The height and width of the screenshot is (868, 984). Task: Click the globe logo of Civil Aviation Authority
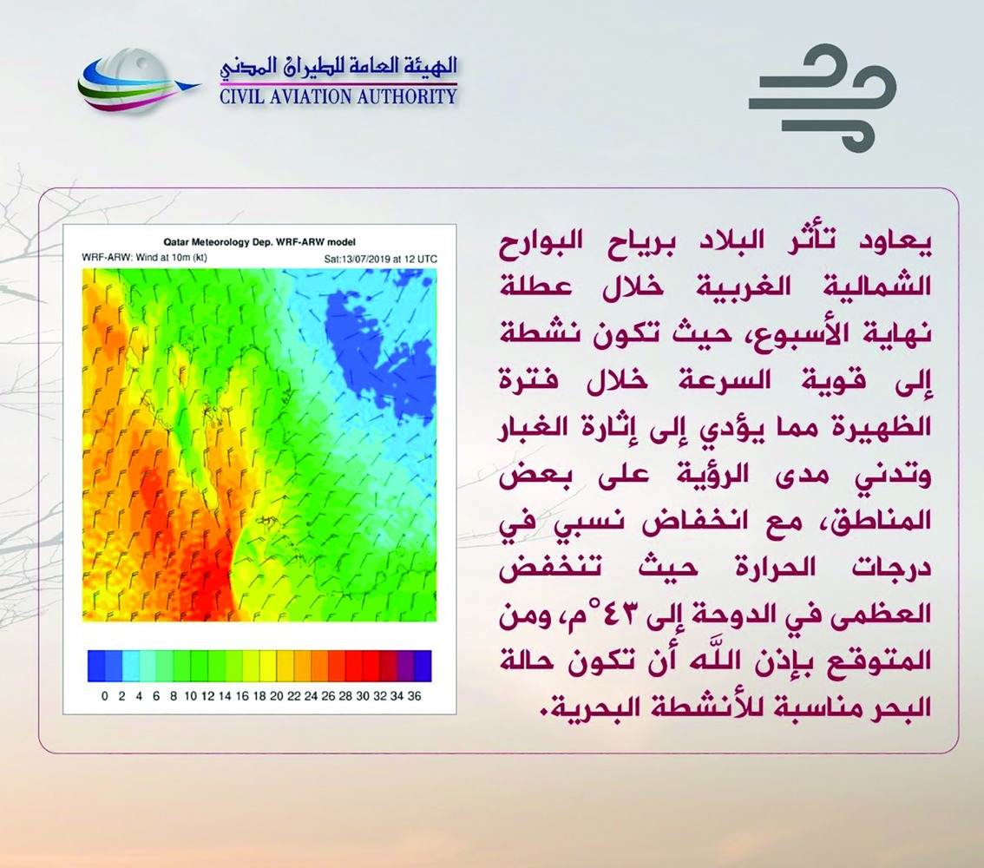tap(134, 82)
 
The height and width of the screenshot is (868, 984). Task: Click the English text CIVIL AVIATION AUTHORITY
tap(338, 96)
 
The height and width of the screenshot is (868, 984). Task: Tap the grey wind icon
tap(822, 97)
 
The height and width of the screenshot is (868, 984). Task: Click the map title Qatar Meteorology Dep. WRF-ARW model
tap(259, 241)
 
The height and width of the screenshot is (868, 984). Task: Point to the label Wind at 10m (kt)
tap(171, 257)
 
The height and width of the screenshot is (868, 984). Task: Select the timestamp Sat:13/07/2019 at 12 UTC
tap(380, 259)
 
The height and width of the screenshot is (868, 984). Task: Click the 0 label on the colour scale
tap(104, 696)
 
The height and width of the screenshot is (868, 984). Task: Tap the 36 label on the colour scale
tap(414, 696)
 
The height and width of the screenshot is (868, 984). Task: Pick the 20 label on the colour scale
tap(277, 696)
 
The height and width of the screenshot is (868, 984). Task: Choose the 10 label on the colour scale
tap(191, 696)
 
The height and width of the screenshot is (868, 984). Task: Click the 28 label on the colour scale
tap(345, 696)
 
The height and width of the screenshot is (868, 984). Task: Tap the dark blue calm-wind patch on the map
tap(377, 352)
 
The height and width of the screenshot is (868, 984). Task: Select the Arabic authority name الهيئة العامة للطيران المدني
tap(338, 68)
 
